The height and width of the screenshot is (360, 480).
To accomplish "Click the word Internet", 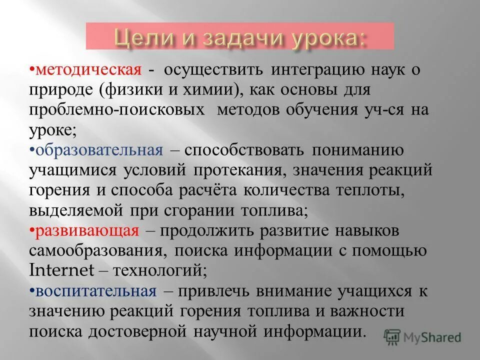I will (62, 270).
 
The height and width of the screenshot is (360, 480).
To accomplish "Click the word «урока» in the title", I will (325, 37).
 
